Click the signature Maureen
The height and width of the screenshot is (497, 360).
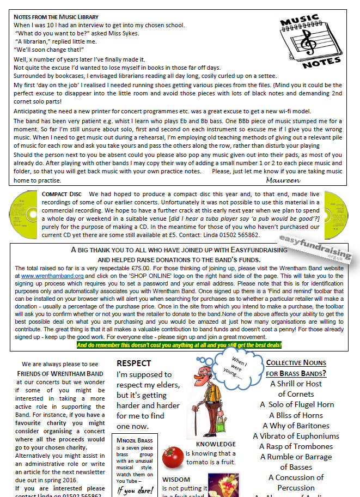[x=283, y=180]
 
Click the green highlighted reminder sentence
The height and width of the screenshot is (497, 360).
[x=179, y=345]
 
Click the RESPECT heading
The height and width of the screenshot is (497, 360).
[x=134, y=363]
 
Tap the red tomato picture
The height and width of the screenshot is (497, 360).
[x=173, y=457]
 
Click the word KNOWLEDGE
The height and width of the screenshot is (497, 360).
[x=212, y=444]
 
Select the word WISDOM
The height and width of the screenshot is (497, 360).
[x=176, y=479]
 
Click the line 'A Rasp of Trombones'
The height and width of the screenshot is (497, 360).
[x=296, y=446]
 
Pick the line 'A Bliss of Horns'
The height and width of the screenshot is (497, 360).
[x=296, y=415]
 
